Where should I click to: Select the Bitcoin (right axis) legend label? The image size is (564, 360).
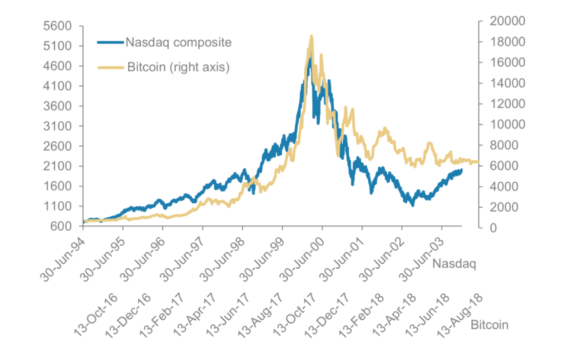tap(177, 67)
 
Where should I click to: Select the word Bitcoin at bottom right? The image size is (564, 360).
tap(489, 325)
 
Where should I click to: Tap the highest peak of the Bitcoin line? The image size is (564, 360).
tap(311, 36)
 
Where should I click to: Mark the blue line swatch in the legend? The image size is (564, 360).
tap(110, 42)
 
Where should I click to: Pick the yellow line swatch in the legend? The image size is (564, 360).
tap(110, 67)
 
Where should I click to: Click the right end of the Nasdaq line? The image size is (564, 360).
tap(461, 170)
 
